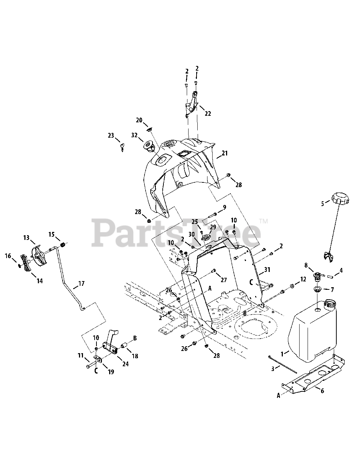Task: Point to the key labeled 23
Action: tap(122, 146)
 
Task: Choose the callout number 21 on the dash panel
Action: tap(225, 153)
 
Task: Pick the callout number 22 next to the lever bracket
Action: tap(207, 114)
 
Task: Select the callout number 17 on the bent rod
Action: tap(81, 283)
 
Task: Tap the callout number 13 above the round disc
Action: tap(26, 238)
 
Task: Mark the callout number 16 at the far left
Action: tap(8, 256)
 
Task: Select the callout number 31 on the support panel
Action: tap(268, 270)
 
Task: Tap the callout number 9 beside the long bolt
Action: tap(224, 207)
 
